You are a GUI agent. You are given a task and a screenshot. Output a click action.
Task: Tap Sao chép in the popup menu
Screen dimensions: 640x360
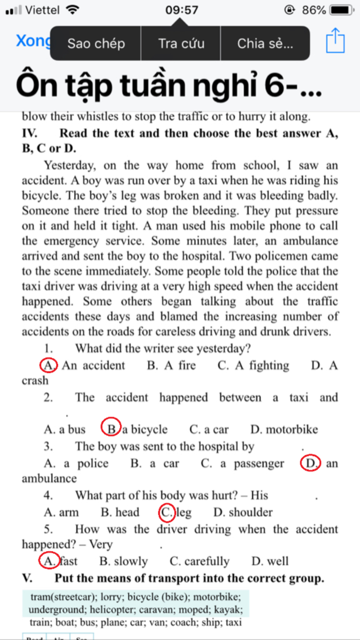click(x=96, y=44)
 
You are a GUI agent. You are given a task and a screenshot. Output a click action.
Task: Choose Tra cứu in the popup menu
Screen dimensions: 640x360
click(x=181, y=44)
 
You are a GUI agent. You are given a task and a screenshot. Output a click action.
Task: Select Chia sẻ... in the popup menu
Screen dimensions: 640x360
click(x=265, y=44)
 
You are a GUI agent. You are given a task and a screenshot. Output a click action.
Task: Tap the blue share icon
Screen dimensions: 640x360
click(x=335, y=41)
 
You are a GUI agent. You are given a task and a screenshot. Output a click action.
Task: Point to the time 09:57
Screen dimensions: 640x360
click(x=182, y=10)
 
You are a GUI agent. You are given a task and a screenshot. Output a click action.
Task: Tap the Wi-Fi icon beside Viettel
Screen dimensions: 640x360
click(x=72, y=10)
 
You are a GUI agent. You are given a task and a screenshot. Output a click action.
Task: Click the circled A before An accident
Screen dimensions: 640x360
click(x=48, y=365)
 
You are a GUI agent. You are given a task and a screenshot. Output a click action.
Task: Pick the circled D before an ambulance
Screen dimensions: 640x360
click(x=310, y=463)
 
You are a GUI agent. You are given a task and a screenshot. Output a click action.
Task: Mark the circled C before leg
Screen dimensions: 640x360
click(x=166, y=512)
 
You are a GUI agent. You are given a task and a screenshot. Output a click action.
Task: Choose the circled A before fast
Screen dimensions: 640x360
click(x=48, y=561)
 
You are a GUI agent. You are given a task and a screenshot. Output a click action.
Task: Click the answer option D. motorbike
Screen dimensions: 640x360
click(x=284, y=429)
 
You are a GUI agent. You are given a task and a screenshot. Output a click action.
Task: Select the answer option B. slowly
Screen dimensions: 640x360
click(x=124, y=561)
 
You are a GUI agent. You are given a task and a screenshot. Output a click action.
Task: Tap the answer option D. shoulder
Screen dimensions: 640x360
click(x=243, y=512)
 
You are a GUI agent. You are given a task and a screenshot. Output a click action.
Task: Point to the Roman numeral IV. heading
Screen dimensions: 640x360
click(x=30, y=133)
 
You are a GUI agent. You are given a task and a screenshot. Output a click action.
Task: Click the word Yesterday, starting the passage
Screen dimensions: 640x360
click(x=70, y=165)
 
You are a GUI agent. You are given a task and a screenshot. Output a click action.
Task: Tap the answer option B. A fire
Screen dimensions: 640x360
click(x=171, y=365)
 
